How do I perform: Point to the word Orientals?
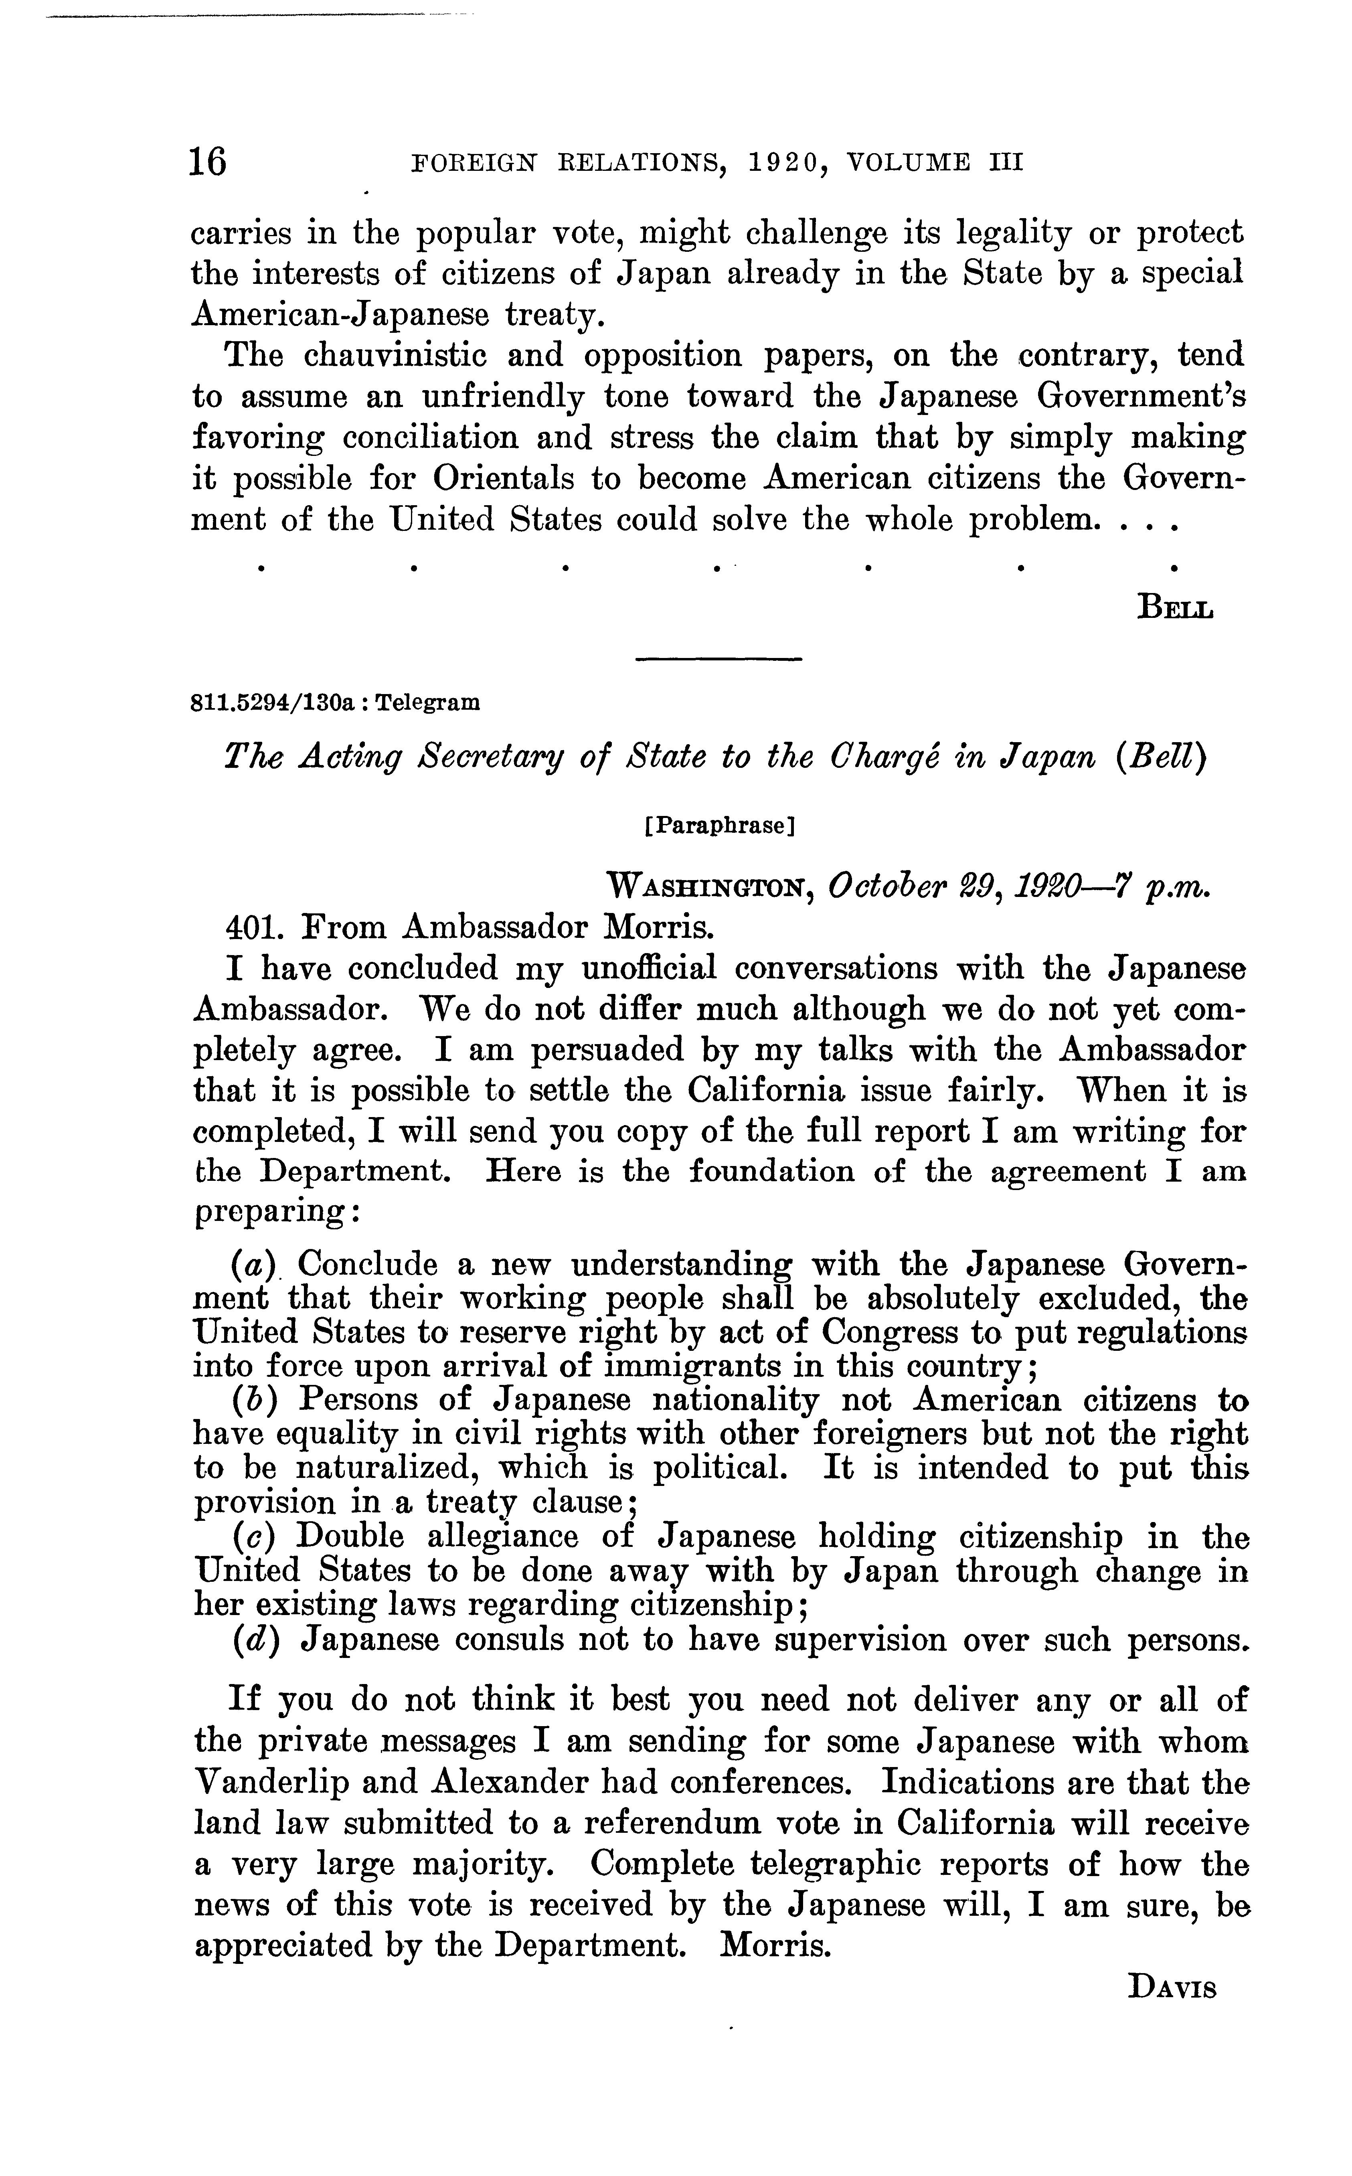504,479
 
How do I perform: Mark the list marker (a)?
257,1265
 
